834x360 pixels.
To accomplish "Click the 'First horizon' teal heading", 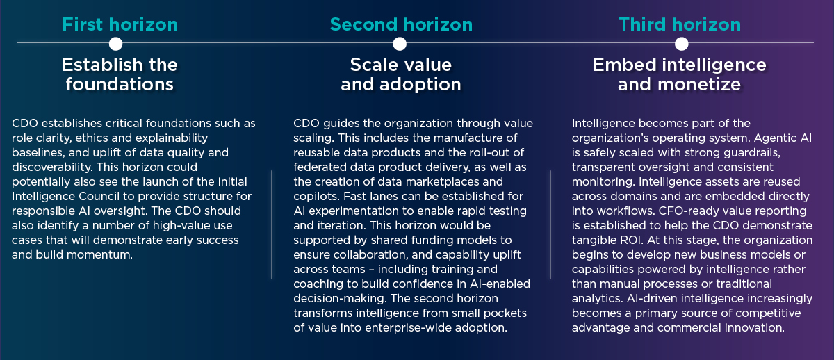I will [x=120, y=25].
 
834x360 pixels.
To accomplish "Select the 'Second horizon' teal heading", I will [x=401, y=25].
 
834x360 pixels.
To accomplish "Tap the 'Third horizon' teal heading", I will [x=680, y=25].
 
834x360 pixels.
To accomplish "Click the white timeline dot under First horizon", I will [x=116, y=44].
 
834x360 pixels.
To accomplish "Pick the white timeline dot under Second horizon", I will [x=400, y=44].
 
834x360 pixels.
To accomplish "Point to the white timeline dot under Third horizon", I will [x=682, y=44].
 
